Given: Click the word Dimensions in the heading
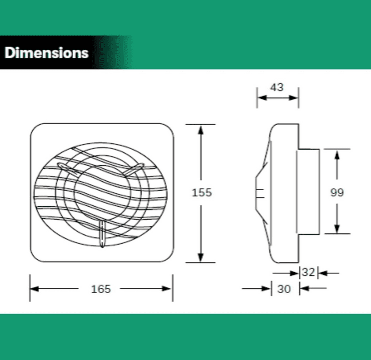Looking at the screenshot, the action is pyautogui.click(x=47, y=52).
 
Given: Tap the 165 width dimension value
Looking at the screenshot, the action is pyautogui.click(x=101, y=289).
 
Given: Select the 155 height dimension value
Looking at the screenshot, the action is pyautogui.click(x=202, y=193).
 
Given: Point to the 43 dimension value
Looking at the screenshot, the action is pyautogui.click(x=277, y=87).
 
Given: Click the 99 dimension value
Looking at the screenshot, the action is pyautogui.click(x=337, y=192).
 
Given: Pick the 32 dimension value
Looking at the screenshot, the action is pyautogui.click(x=309, y=272).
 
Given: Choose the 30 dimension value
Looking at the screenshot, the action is pyautogui.click(x=284, y=289).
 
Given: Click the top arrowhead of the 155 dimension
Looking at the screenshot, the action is pyautogui.click(x=201, y=130).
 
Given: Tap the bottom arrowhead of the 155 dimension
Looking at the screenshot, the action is pyautogui.click(x=201, y=258).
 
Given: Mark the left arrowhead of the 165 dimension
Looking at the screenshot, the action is pyautogui.click(x=35, y=289).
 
